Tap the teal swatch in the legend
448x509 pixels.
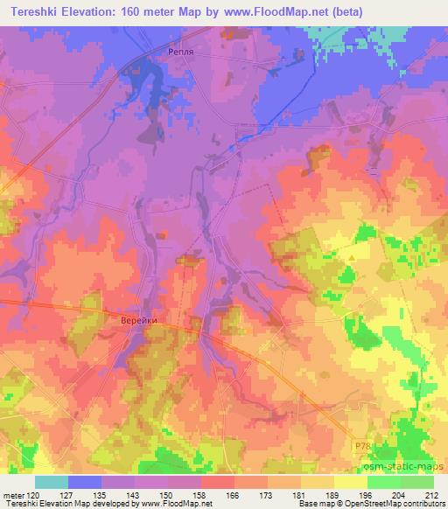pos(52,482)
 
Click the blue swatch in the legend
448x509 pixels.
pos(85,482)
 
